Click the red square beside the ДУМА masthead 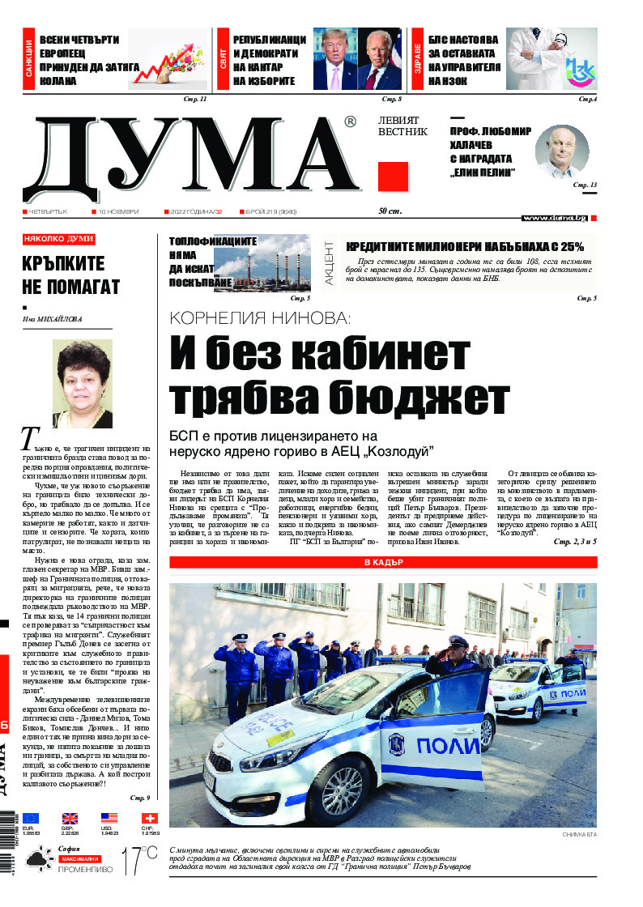tap(393, 176)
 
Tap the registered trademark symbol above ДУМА tap(349, 122)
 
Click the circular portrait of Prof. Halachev tap(562, 151)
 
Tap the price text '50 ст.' tap(390, 211)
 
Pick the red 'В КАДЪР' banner tap(383, 562)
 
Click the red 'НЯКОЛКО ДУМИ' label tap(59, 240)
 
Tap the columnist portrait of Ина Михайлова tap(82, 384)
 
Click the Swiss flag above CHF tap(150, 819)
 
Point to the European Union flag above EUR tap(31, 819)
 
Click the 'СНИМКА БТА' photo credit tap(578, 835)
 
